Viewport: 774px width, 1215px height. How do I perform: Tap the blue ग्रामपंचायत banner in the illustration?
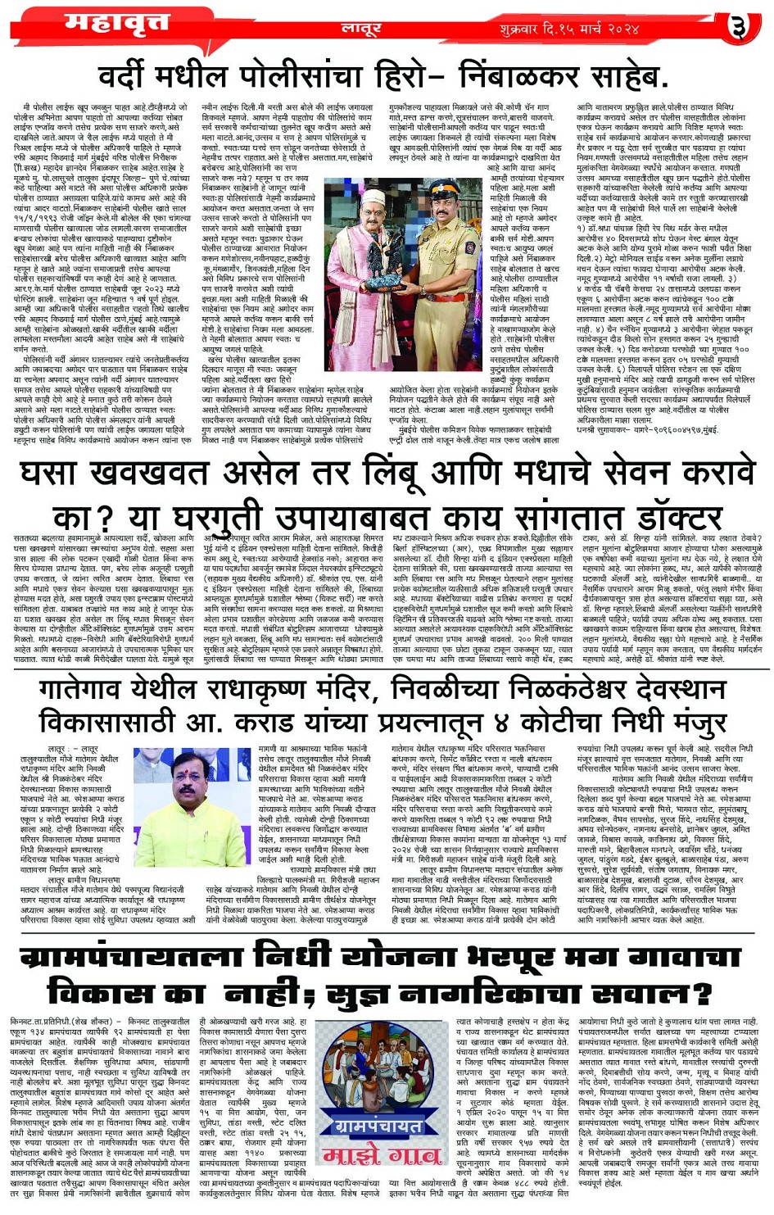tap(379, 1127)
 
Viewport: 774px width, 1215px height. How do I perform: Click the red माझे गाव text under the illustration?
tap(379, 1156)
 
